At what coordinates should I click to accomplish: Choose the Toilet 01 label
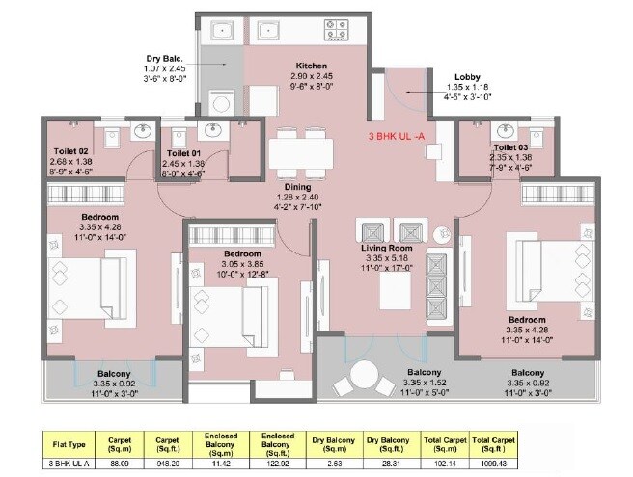point(185,153)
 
